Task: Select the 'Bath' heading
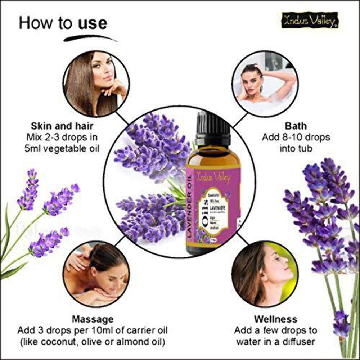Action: point(296,126)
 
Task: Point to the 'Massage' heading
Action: point(93,319)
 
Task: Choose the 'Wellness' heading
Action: point(276,319)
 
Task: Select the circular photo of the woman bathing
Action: point(265,84)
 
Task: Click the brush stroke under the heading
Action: point(90,37)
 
